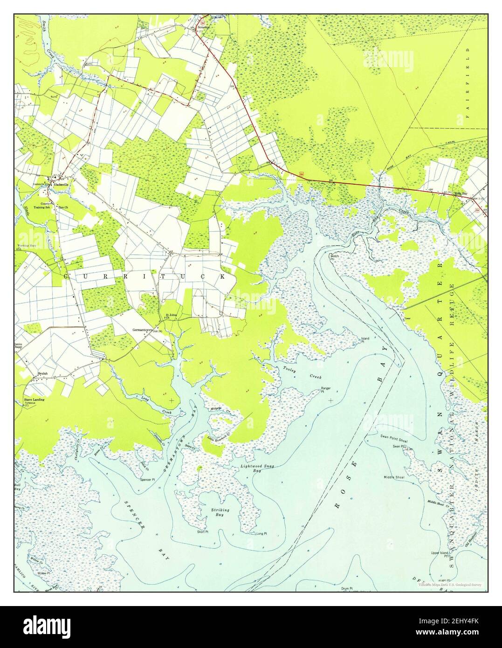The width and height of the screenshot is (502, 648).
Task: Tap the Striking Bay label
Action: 222,512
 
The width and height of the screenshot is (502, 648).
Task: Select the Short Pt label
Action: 202,531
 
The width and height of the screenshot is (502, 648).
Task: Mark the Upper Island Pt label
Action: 440,554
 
